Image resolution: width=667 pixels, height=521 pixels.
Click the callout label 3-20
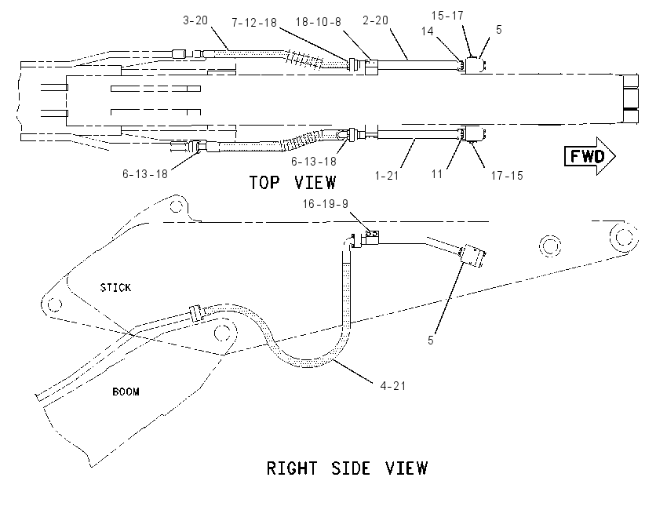195,20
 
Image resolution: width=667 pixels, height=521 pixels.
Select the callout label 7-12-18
254,23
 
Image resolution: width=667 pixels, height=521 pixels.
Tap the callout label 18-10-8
319,22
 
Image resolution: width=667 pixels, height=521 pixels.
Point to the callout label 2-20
376,20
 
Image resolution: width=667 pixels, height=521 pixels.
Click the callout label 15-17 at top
447,16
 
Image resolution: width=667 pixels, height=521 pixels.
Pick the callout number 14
428,31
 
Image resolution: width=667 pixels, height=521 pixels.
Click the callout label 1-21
387,175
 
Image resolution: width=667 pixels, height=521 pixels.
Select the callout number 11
437,174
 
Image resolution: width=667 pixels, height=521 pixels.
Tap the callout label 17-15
507,175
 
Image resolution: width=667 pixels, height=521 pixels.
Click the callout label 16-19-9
326,204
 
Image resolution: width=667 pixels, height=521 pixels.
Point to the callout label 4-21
393,386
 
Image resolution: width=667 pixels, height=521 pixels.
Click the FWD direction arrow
590,156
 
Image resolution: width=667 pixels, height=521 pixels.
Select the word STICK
115,288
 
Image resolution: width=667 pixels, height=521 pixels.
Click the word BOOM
126,392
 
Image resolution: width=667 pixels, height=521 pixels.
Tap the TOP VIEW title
293,183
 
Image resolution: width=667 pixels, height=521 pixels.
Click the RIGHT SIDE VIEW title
347,468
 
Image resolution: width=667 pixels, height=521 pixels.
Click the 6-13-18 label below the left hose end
145,174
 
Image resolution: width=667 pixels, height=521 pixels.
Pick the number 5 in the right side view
431,341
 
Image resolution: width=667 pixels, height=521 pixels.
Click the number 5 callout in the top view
499,29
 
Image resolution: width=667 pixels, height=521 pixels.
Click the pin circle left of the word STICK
54,304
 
